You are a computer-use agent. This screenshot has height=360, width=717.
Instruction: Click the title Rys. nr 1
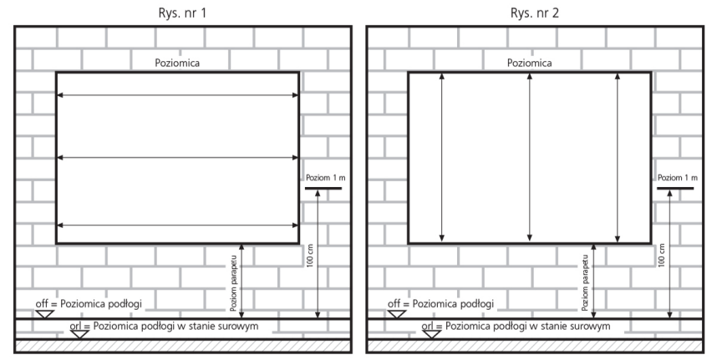tap(182, 13)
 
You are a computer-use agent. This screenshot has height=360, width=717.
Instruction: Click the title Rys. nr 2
tap(534, 13)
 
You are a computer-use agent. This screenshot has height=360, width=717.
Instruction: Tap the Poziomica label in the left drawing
tap(177, 63)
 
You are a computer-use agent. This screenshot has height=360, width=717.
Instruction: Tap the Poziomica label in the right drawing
tap(530, 63)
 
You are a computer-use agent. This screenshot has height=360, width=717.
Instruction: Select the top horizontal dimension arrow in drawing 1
tap(177, 95)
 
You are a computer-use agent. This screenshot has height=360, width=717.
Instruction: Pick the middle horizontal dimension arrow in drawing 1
tap(177, 158)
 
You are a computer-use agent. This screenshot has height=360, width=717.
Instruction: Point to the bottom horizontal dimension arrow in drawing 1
tap(177, 226)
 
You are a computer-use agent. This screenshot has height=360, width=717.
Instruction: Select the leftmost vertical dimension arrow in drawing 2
tap(442, 157)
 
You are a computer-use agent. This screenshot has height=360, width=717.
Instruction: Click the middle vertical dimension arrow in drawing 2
tap(530, 157)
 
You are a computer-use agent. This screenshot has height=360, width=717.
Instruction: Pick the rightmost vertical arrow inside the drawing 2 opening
tap(618, 157)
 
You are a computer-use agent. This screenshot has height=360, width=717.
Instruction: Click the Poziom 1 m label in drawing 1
tap(326, 178)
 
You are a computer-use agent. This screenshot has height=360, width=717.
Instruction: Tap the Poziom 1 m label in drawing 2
tap(678, 178)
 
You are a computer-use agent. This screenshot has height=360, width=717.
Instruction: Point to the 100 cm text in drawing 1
tap(310, 256)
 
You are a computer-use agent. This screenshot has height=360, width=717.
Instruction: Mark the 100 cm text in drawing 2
tap(662, 256)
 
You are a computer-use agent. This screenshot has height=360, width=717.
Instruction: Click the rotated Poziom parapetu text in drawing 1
tap(234, 283)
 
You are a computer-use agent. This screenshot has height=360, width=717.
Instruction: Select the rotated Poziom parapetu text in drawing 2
tap(585, 283)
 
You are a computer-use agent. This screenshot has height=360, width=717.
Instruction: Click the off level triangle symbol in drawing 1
tap(45, 314)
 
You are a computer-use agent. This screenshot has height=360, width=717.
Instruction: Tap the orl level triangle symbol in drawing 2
tap(431, 334)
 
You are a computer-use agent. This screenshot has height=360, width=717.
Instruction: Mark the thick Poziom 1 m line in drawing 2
tap(675, 188)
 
